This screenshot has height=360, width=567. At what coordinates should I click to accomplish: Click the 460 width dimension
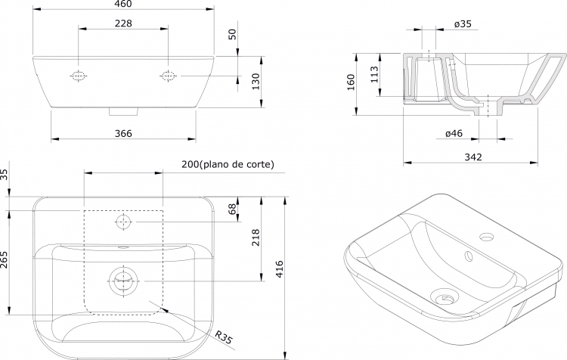pyautogui.click(x=123, y=4)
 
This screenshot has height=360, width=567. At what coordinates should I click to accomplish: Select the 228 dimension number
pyautogui.click(x=123, y=23)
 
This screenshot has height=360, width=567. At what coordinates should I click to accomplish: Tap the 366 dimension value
pyautogui.click(x=123, y=134)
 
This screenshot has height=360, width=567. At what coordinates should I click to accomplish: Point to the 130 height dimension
pyautogui.click(x=256, y=82)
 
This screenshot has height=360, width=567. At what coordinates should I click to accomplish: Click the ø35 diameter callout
pyautogui.click(x=463, y=24)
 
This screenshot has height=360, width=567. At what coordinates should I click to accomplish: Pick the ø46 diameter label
pyautogui.click(x=454, y=134)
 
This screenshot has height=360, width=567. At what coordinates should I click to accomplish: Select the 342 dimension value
pyautogui.click(x=473, y=157)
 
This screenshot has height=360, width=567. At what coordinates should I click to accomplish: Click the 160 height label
pyautogui.click(x=350, y=82)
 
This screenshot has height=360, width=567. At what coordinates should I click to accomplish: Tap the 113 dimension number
pyautogui.click(x=374, y=74)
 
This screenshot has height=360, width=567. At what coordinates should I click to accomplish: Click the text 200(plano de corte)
pyautogui.click(x=228, y=164)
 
